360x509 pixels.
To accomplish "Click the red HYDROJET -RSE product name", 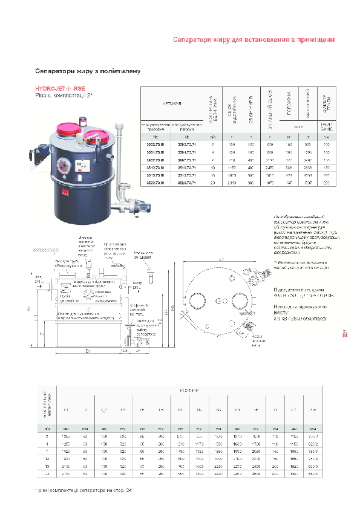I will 60,88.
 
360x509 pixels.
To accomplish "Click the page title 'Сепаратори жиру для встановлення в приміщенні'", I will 254,40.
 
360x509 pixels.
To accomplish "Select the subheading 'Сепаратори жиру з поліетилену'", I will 88,71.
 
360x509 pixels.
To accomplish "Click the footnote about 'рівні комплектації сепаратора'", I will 83,490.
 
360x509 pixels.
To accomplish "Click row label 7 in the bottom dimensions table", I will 47,450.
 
